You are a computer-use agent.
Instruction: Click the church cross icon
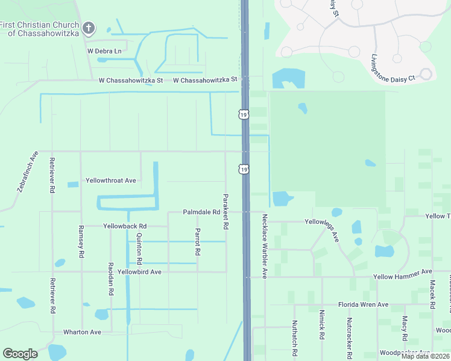[89, 28]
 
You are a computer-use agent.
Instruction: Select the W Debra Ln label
[104, 51]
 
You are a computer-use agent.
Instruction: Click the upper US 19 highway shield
[243, 114]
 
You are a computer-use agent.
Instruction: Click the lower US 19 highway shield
[243, 170]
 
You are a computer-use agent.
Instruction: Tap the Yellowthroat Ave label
[111, 180]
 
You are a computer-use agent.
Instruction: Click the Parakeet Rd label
[225, 211]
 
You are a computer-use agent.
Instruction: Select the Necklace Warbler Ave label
[264, 247]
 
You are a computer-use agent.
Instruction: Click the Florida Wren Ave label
[363, 304]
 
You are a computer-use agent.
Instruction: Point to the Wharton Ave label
[82, 332]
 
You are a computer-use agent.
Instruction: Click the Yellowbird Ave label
[139, 272]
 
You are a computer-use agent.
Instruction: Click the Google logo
[20, 354]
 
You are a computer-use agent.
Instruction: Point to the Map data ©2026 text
[424, 356]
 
